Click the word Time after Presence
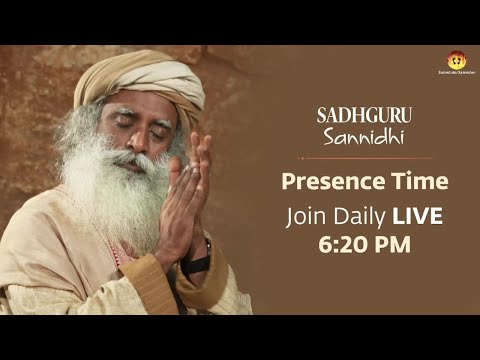pos(415,182)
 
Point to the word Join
pos(306,214)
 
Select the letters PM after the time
pos(384,243)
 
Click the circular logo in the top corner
pos(456,61)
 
